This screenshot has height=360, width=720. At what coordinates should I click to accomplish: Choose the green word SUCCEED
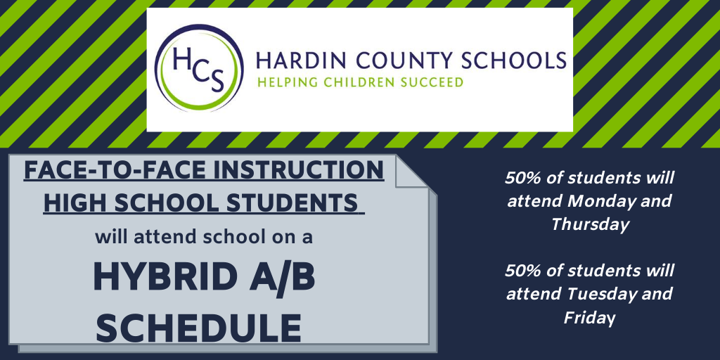click(x=432, y=82)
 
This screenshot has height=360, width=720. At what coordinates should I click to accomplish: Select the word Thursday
click(x=590, y=224)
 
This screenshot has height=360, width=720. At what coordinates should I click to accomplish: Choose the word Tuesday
click(x=598, y=293)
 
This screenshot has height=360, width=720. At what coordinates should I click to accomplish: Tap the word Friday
click(x=589, y=317)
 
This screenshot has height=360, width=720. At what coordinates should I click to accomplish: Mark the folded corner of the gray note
click(x=413, y=170)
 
